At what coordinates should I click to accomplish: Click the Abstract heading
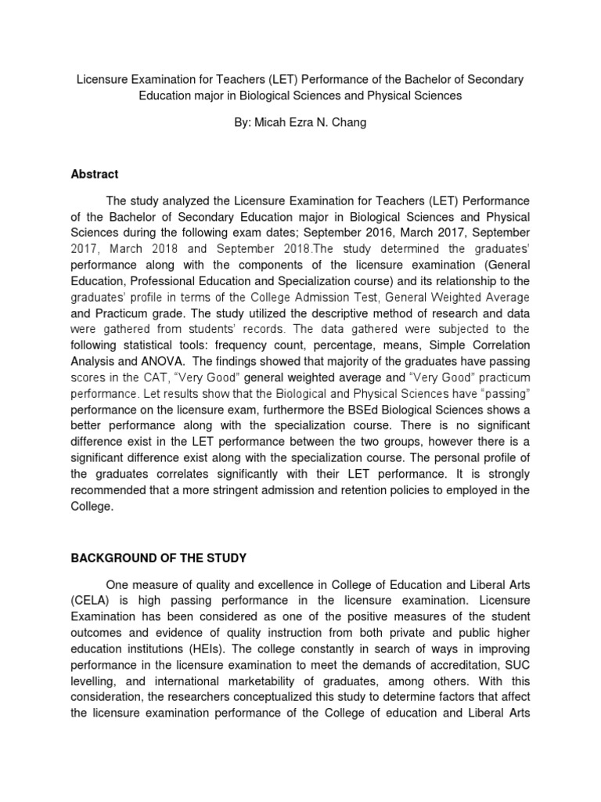pos(95,174)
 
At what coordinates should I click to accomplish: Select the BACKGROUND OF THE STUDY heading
pos(159,558)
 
